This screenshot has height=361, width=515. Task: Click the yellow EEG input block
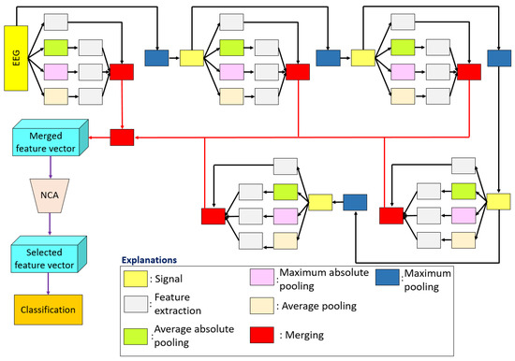coord(20,58)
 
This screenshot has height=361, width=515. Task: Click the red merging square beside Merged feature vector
coord(122,137)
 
